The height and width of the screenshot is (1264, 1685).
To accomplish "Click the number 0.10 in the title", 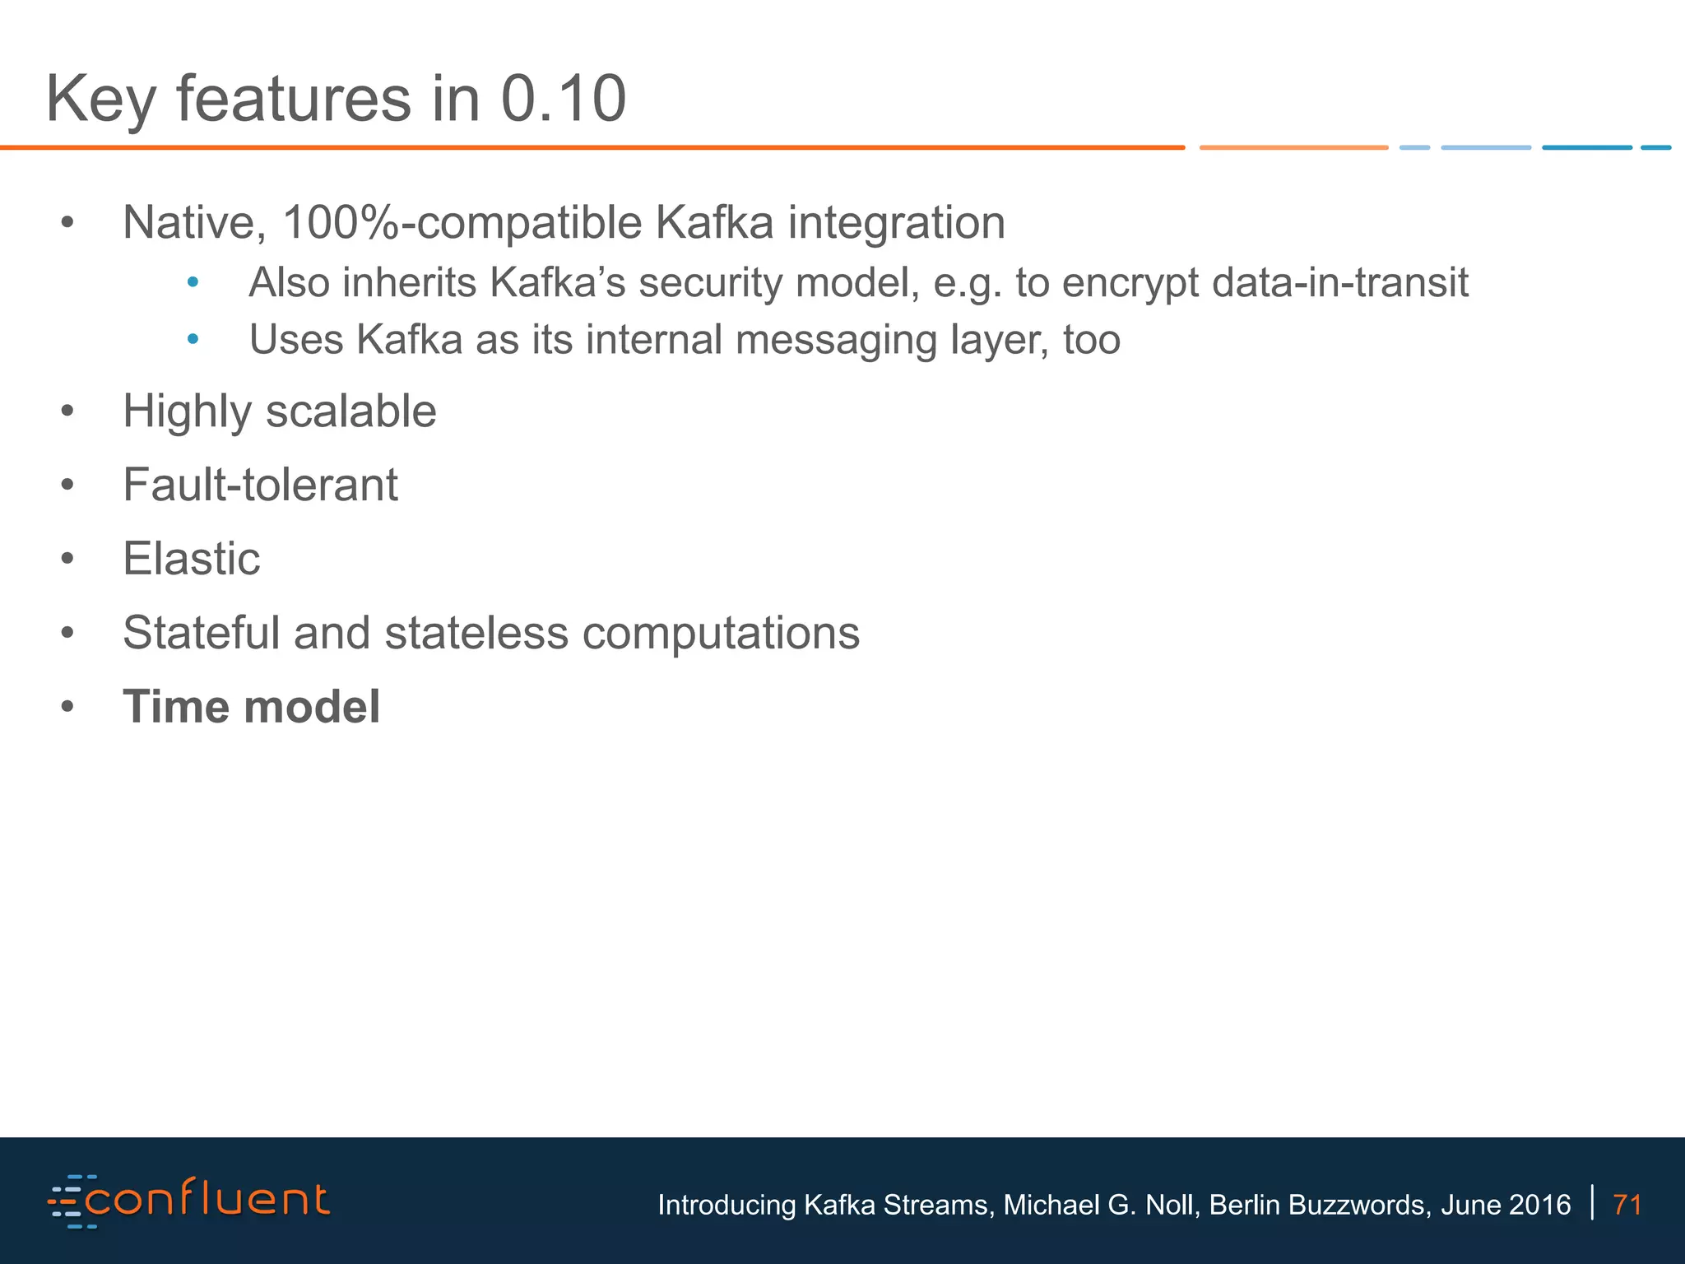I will click(564, 99).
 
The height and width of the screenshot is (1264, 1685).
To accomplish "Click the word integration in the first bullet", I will click(896, 224).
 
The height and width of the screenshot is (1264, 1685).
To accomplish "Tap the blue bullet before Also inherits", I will click(193, 283).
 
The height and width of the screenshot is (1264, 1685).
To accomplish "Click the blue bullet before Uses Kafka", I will click(193, 340).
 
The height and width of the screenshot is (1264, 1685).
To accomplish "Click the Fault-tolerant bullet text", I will click(260, 485).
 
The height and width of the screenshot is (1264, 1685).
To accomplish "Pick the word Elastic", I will click(191, 559).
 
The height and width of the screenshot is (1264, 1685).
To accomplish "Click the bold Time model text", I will click(251, 707).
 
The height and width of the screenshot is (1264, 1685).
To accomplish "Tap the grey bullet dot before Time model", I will click(67, 707).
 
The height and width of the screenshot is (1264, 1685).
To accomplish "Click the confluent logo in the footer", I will click(189, 1201).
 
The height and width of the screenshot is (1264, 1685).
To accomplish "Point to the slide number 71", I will click(1627, 1205).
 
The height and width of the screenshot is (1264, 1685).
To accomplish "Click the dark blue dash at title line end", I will click(1586, 147).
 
